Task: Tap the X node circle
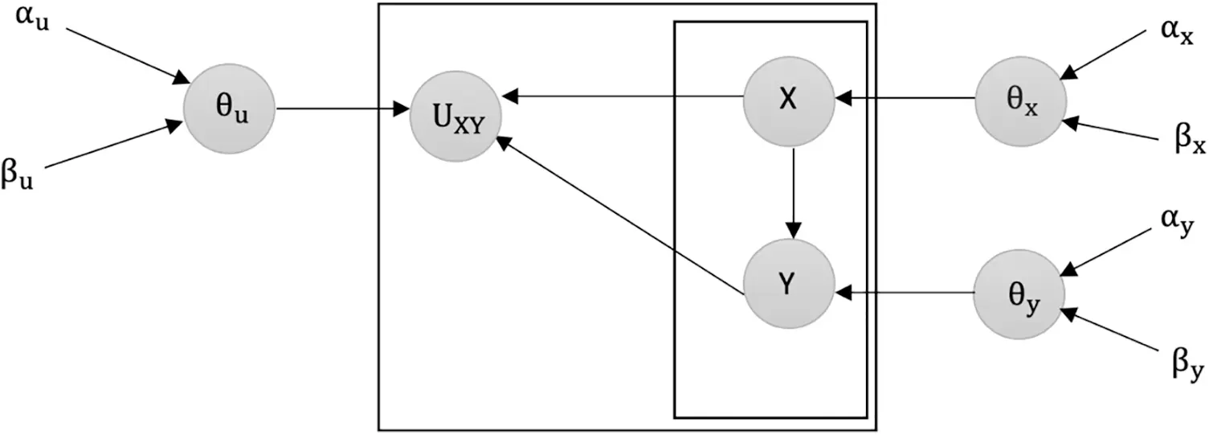[789, 101]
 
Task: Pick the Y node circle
[789, 285]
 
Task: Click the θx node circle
[1021, 103]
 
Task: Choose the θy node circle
[1019, 294]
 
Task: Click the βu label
[18, 173]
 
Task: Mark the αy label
[1177, 223]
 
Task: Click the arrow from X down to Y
[793, 193]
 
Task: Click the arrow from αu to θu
[128, 55]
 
